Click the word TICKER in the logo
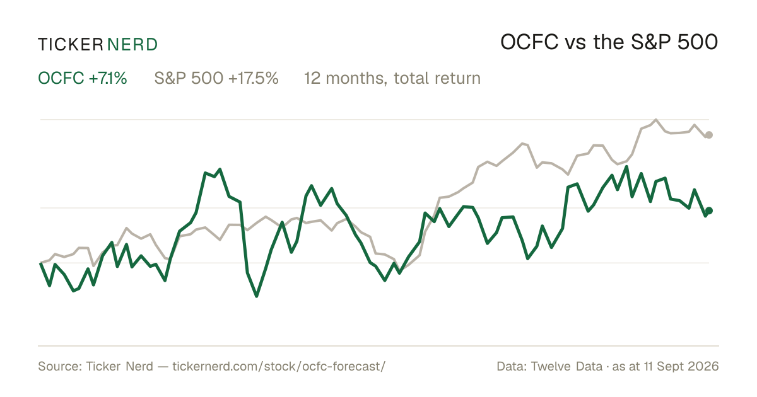[x=71, y=45]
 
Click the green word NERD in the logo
[x=132, y=45]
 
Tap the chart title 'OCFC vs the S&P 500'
[x=609, y=43]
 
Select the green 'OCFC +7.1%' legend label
[x=83, y=78]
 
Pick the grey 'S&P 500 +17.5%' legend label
[x=216, y=78]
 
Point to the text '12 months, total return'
[x=392, y=79]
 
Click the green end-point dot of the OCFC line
[x=709, y=210]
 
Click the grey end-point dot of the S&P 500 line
[x=709, y=135]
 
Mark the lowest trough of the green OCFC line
[x=257, y=296]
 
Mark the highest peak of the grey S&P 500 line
[x=656, y=120]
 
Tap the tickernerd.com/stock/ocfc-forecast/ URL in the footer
[x=279, y=366]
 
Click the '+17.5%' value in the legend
[x=254, y=78]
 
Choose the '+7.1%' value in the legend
[x=108, y=78]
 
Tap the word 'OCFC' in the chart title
[x=529, y=43]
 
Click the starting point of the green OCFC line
[x=40, y=263]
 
